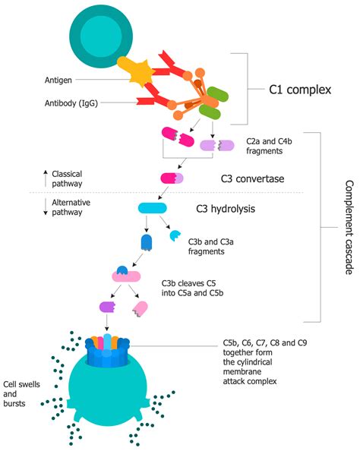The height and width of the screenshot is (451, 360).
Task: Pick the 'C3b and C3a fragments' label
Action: (x=210, y=244)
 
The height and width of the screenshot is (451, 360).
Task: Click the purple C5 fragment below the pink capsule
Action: (x=108, y=307)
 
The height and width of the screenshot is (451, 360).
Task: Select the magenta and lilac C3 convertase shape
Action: (x=171, y=178)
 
